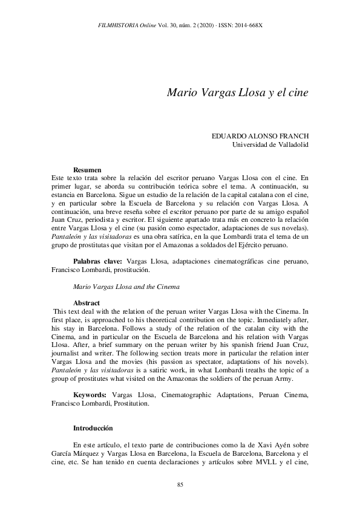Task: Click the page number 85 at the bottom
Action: coord(180,485)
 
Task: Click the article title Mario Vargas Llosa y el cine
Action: coord(238,94)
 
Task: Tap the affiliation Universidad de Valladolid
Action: coord(271,145)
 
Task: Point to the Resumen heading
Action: coord(87,170)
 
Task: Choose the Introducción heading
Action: coord(93,427)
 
